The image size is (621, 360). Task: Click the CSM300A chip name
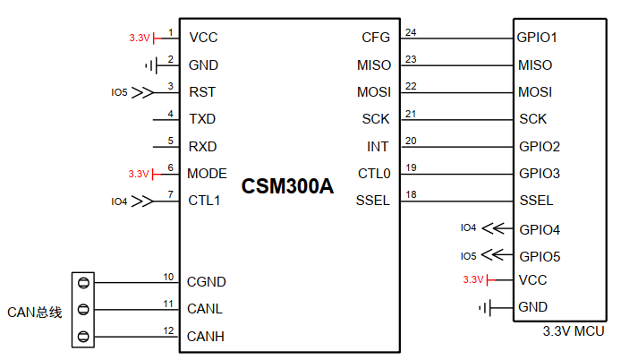(287, 187)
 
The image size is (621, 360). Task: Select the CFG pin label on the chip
(376, 38)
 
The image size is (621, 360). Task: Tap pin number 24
(411, 33)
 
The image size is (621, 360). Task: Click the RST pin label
(201, 91)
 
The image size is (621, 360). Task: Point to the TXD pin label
(202, 118)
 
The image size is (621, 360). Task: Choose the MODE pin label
(207, 174)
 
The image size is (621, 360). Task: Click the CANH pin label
(206, 337)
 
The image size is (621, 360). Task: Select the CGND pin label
(206, 282)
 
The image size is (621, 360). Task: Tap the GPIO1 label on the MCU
(537, 38)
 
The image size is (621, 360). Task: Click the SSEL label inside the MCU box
(535, 201)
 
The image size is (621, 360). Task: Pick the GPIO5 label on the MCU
(539, 255)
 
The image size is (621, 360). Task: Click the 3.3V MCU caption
(573, 331)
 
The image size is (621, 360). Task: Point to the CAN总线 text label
(34, 312)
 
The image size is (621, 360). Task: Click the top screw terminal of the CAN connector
(83, 283)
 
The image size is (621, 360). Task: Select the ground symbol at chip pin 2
(149, 65)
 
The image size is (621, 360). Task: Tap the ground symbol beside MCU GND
(486, 307)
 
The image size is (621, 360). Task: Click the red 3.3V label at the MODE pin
(138, 174)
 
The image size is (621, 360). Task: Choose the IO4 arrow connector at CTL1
(141, 201)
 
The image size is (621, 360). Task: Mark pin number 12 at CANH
(167, 331)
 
